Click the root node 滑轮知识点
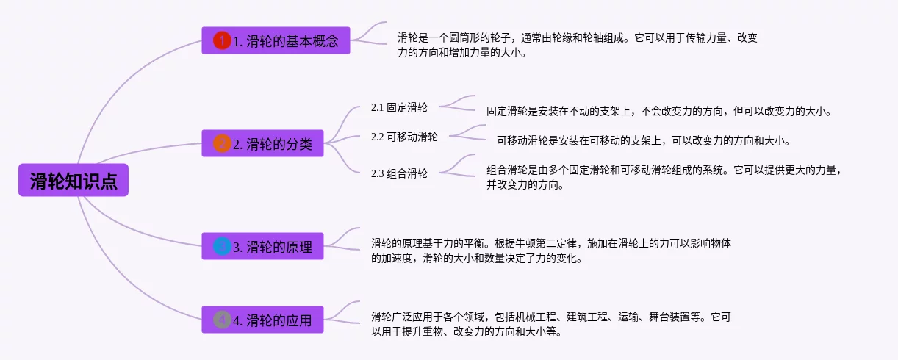pyautogui.click(x=73, y=180)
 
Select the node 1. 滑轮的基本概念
pyautogui.click(x=276, y=40)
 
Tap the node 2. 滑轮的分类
pyautogui.click(x=262, y=143)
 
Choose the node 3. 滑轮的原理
pyautogui.click(x=262, y=246)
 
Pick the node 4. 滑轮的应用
pyautogui.click(x=262, y=320)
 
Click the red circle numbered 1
pyautogui.click(x=222, y=40)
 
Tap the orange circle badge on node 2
pyautogui.click(x=222, y=143)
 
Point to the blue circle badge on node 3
pyautogui.click(x=222, y=246)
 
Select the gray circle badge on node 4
pyautogui.click(x=222, y=320)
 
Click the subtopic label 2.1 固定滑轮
pyautogui.click(x=399, y=107)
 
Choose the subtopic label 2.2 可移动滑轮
pyautogui.click(x=404, y=137)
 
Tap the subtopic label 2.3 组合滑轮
pyautogui.click(x=399, y=173)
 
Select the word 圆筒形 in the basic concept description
pyautogui.click(x=464, y=38)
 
